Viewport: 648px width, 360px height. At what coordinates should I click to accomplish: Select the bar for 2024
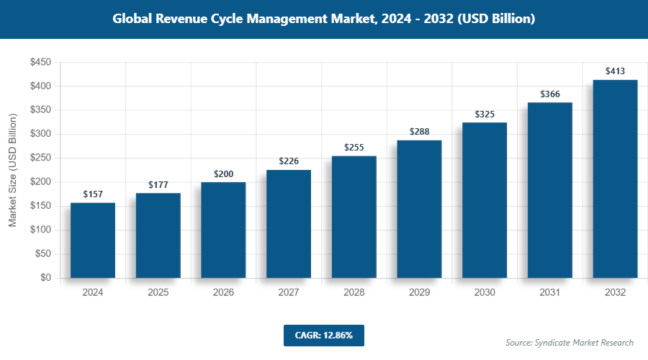93,240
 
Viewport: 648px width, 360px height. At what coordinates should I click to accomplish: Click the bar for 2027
289,224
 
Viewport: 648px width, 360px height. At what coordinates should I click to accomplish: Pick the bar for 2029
419,209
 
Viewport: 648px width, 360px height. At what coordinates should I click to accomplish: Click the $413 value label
615,71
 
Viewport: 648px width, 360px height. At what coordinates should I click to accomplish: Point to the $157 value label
93,194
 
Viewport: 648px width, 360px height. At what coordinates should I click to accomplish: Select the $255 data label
354,147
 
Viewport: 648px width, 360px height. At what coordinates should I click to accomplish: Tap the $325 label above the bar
485,114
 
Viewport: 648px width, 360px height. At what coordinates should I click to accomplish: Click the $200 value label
223,174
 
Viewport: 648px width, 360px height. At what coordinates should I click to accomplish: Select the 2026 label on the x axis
223,293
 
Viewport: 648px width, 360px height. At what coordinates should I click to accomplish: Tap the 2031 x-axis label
549,293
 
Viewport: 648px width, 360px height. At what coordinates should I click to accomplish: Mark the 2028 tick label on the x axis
354,293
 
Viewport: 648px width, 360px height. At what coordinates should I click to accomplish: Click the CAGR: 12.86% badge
323,336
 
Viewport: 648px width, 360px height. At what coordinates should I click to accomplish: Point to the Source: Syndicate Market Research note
570,342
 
